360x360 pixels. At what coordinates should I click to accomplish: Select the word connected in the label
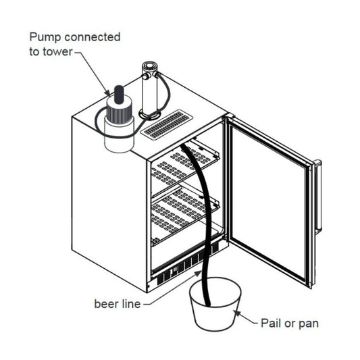coord(93,36)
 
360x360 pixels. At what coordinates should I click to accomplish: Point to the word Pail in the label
coord(272,323)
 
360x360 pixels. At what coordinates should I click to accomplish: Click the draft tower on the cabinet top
coord(149,88)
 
